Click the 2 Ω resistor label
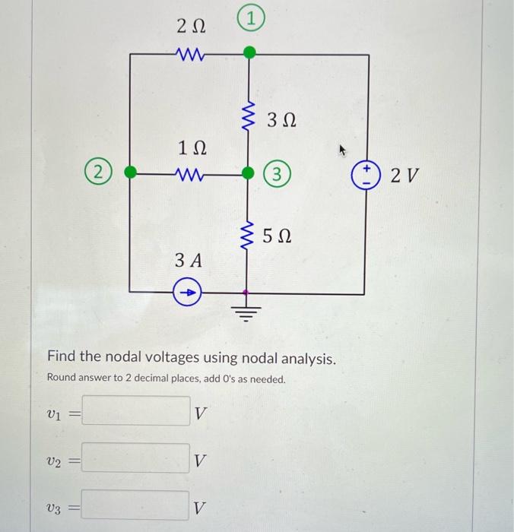click(x=190, y=27)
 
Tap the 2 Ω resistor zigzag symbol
click(x=189, y=54)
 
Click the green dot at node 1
click(x=249, y=53)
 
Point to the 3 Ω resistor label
click(x=281, y=120)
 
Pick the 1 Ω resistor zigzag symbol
click(x=189, y=173)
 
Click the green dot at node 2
click(x=130, y=172)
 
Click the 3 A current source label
click(x=189, y=261)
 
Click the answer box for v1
click(x=137, y=412)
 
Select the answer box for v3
click(x=137, y=505)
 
